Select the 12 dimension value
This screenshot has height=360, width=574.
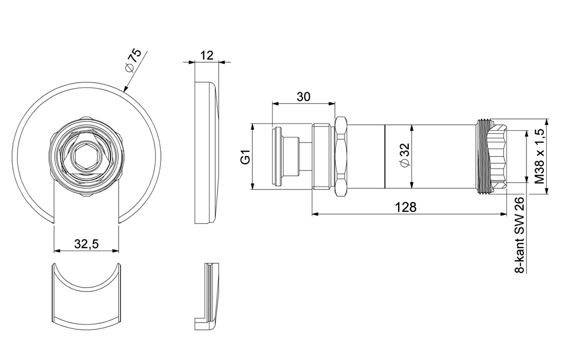(207, 55)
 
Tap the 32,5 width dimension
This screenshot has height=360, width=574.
(87, 244)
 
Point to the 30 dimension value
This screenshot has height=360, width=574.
(303, 97)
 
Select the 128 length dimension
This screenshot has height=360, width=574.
(406, 207)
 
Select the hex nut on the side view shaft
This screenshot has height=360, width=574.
(341, 156)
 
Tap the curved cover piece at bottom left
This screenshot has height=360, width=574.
(87, 294)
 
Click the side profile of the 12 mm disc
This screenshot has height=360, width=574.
(207, 152)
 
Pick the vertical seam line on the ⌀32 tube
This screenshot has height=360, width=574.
(385, 156)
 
